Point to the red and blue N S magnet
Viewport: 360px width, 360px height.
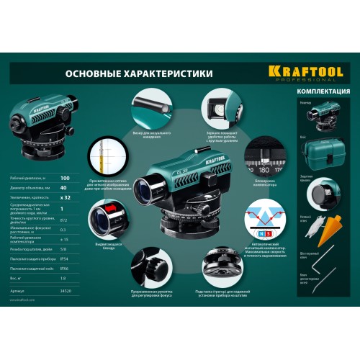(x=264, y=234)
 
